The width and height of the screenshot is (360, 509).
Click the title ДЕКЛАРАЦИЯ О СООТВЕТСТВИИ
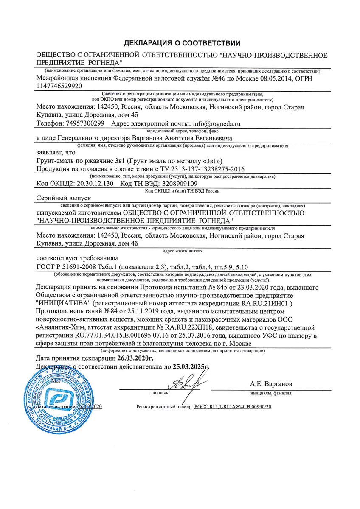click(182, 43)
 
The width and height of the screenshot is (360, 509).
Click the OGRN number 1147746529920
click(59, 86)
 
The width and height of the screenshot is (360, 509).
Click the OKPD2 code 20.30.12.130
click(93, 184)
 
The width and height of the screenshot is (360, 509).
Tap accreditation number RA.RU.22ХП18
click(191, 327)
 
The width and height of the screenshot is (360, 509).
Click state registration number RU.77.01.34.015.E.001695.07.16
click(106, 336)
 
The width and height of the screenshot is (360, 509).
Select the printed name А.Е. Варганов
click(271, 384)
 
